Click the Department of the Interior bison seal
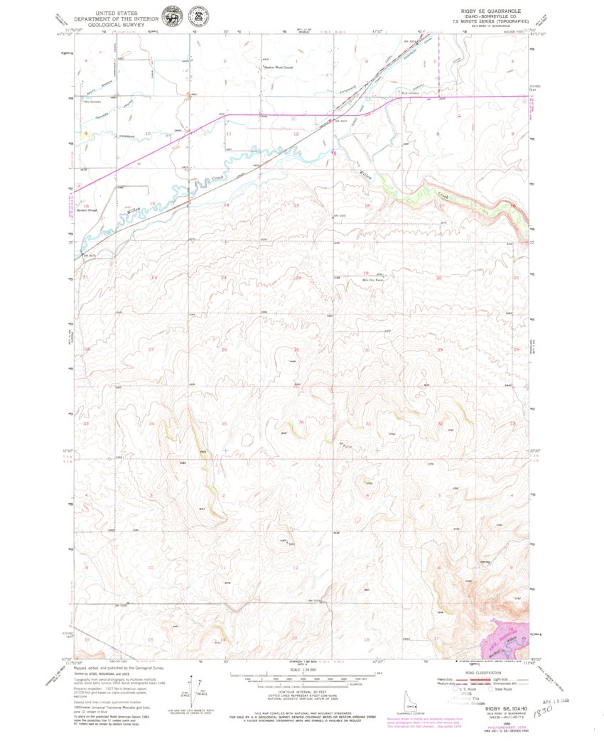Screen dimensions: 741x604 171,16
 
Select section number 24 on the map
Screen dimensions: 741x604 299,277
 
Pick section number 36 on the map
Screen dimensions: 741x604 301,423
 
